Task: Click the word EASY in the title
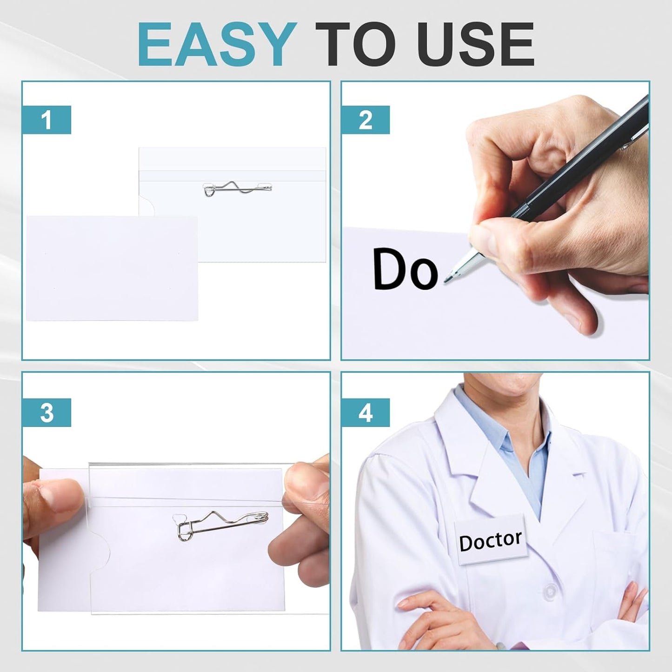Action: [x=217, y=45]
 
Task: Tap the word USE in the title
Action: [x=475, y=45]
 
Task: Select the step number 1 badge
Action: [x=47, y=120]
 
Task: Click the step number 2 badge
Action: [x=366, y=120]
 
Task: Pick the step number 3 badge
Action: [x=47, y=413]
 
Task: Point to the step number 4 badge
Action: [x=366, y=413]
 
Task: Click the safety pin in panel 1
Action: [x=238, y=189]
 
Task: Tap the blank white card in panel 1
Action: [x=112, y=268]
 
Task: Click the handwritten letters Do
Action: [x=405, y=269]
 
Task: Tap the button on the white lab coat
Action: [x=550, y=591]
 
